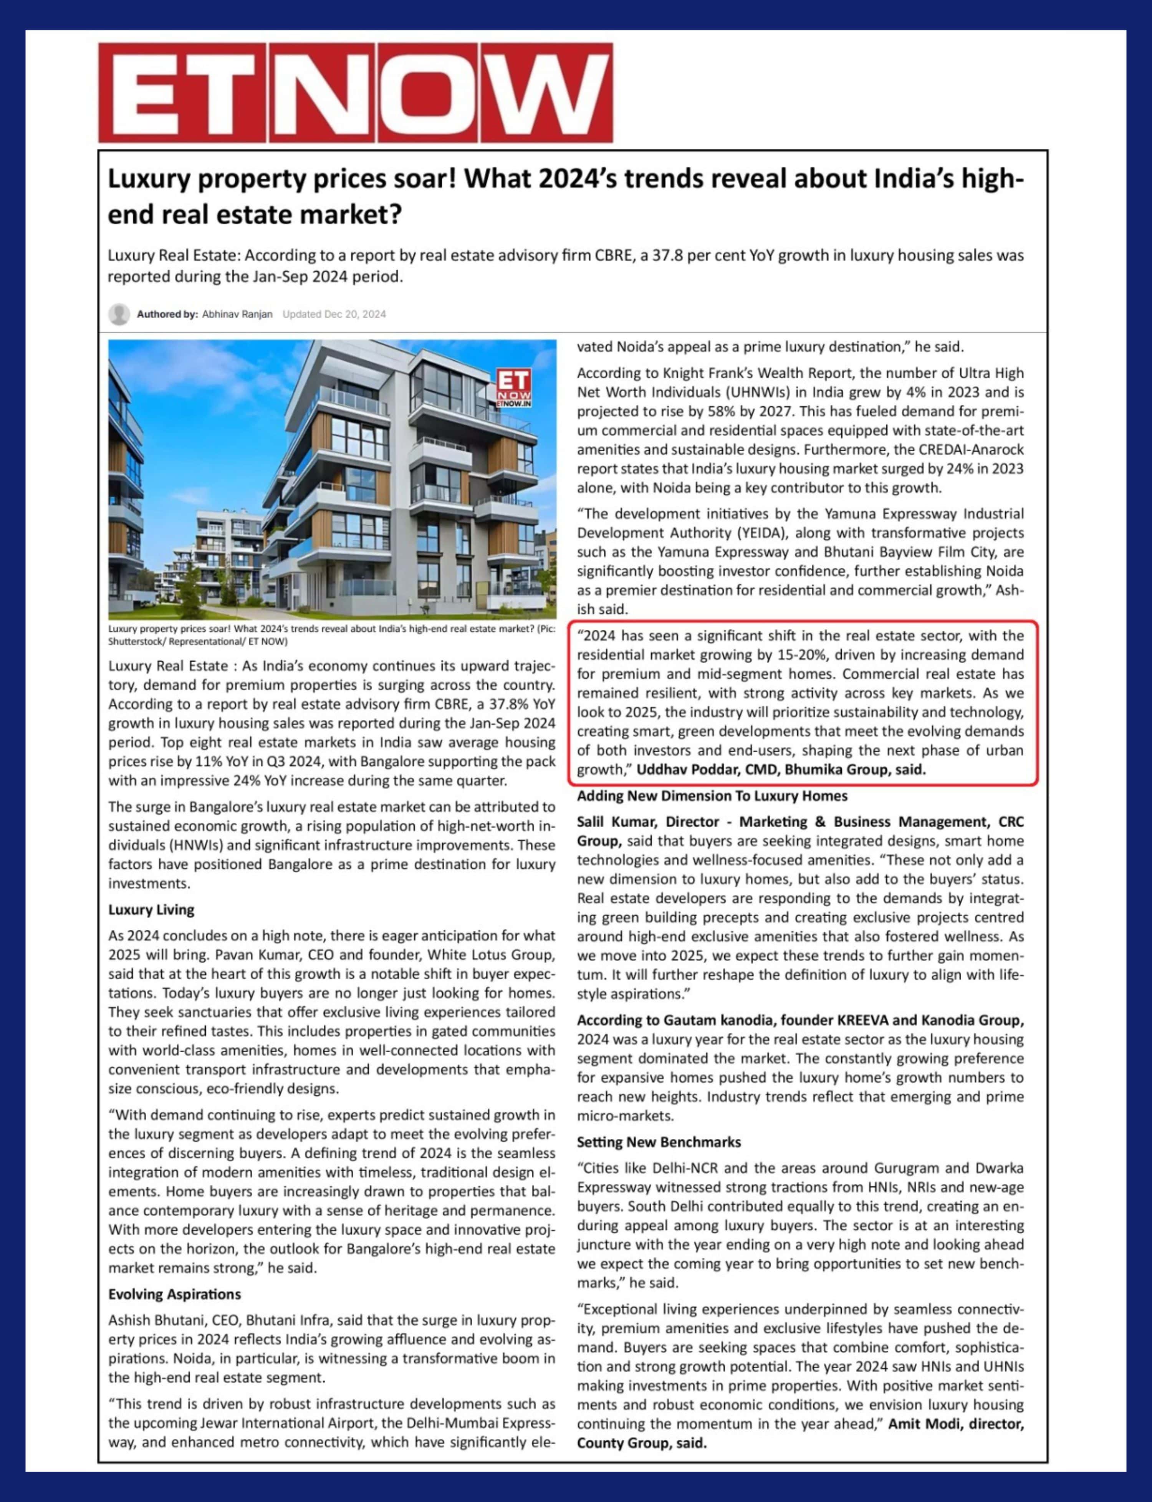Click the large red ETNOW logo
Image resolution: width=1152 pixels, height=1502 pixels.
[x=355, y=93]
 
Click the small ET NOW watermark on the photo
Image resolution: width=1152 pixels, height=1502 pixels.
[x=514, y=389]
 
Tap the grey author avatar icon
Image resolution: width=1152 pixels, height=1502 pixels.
[x=119, y=314]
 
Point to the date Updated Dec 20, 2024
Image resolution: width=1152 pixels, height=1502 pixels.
[x=334, y=314]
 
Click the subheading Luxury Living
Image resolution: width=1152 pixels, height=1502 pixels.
[x=151, y=909]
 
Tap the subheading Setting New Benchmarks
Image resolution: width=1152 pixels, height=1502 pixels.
[x=658, y=1142]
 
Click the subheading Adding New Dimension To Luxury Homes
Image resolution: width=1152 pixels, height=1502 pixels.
[x=712, y=796]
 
